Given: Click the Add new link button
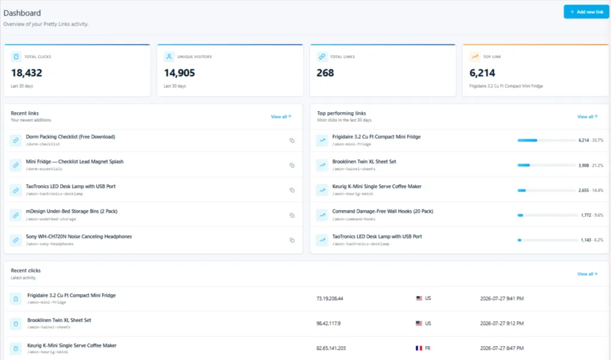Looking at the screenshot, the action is coord(586,12).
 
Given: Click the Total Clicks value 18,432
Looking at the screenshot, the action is coord(26,73).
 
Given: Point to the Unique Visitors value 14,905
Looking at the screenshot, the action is coord(179,73).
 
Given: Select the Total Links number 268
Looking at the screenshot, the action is coord(325,73).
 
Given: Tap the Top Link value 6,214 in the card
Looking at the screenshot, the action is coord(482,73).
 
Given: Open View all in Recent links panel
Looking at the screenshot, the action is coord(281,116).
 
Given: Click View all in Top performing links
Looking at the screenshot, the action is coord(587,116).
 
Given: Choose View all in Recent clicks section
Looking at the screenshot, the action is coord(587,274).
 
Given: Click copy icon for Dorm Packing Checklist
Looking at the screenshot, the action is coord(292,140).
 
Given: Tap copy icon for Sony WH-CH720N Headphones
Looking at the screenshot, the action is coord(292,240).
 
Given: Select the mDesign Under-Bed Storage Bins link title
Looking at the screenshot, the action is coord(72,211).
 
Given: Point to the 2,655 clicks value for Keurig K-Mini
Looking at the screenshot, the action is coord(584,190).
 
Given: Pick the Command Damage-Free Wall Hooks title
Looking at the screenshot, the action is coord(382,211).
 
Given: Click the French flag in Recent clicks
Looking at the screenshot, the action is coord(419,348).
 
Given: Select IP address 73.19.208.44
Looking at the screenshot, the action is coord(329,299).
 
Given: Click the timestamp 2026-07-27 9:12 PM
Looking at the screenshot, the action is coord(502,324).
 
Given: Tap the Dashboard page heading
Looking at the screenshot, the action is coord(22,13).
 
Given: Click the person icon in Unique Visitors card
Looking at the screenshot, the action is coord(169,57).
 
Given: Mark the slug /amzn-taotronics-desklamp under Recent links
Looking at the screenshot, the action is coord(54,194).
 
